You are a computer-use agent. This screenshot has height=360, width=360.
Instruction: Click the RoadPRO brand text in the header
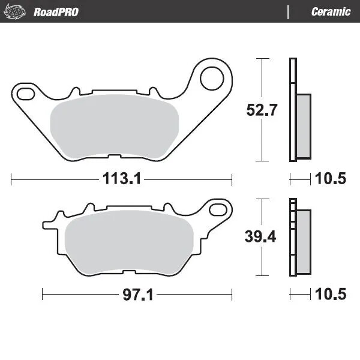[56, 11]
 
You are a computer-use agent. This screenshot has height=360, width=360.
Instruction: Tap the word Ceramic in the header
[331, 11]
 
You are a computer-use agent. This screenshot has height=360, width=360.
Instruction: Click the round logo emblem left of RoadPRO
[17, 11]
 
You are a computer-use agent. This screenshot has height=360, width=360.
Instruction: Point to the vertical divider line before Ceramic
[289, 11]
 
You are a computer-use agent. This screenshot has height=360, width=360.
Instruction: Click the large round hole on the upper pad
[212, 77]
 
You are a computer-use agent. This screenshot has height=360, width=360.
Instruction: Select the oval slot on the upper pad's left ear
[27, 93]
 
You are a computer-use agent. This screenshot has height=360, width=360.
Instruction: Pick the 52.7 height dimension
[262, 110]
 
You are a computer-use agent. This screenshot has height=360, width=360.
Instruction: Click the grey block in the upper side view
[304, 126]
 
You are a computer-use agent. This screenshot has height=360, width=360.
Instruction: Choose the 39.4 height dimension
[262, 236]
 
